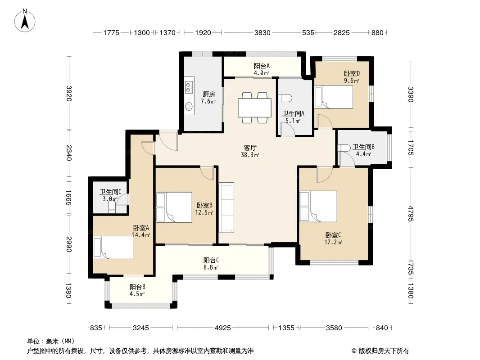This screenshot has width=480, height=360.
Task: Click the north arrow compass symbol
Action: [25, 20]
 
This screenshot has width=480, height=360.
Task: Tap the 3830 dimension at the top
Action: [263, 32]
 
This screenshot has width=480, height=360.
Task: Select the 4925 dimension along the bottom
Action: [222, 328]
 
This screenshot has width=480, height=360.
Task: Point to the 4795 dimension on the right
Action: [411, 214]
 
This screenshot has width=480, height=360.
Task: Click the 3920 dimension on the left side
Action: [69, 93]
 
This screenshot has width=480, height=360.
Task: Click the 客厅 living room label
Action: [250, 148]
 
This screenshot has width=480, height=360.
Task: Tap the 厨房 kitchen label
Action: [208, 94]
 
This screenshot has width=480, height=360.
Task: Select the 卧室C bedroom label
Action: [333, 235]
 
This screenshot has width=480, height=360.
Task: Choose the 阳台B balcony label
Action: [137, 287]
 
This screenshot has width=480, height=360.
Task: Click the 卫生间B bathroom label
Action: [363, 147]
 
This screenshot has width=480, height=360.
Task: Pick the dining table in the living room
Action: [254, 108]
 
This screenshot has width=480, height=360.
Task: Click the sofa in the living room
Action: [226, 207]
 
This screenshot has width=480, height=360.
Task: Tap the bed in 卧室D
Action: [334, 97]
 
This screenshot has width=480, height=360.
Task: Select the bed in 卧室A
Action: [113, 247]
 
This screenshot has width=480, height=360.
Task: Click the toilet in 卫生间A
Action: [285, 98]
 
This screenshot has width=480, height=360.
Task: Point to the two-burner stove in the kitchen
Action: [189, 87]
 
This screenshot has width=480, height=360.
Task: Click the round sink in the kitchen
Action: [189, 107]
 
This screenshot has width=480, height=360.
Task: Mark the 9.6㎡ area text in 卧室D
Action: [351, 81]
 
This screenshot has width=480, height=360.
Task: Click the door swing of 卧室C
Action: [325, 174]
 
